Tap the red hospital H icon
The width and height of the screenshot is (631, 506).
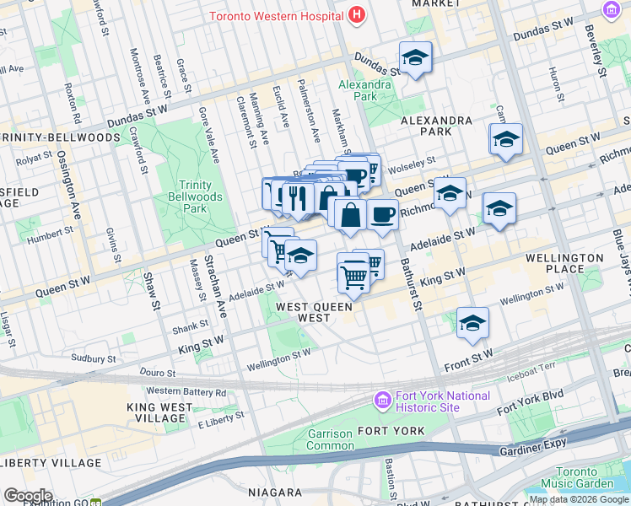(358, 15)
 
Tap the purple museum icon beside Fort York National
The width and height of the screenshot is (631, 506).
(383, 398)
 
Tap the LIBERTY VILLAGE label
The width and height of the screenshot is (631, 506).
(51, 463)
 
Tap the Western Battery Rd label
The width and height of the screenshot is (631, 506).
(186, 391)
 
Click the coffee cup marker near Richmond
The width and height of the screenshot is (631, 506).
(382, 214)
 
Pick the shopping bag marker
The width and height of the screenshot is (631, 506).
(350, 214)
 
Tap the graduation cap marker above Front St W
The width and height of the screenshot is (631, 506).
(472, 322)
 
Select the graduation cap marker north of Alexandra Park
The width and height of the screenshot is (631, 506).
(415, 57)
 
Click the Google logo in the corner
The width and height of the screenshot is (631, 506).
(27, 496)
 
